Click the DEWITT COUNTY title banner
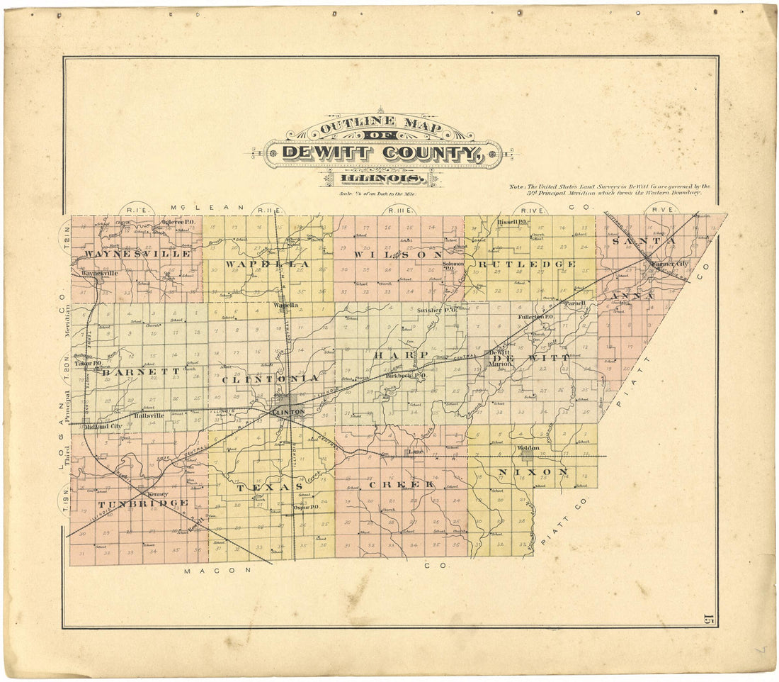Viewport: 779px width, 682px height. (x=382, y=152)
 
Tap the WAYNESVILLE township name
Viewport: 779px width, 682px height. (x=137, y=253)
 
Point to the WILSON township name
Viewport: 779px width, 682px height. (x=399, y=255)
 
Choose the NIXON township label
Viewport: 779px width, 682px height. (x=542, y=471)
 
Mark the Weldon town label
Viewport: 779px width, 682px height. (x=528, y=448)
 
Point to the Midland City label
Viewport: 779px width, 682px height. (x=103, y=426)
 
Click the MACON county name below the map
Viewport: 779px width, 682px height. (x=210, y=571)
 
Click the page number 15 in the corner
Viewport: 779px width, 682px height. (x=707, y=619)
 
